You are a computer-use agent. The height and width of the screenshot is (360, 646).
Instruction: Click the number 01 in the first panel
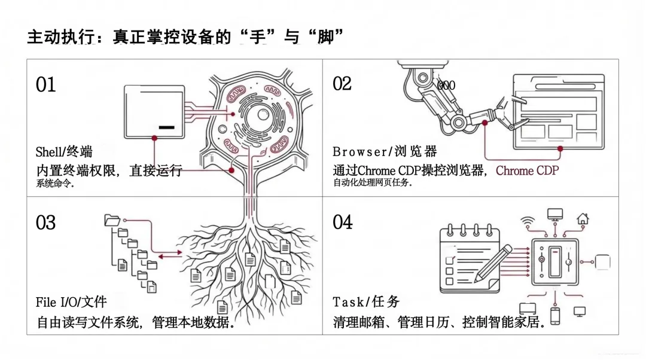pyautogui.click(x=46, y=85)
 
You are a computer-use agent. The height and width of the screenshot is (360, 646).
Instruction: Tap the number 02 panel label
pyautogui.click(x=342, y=84)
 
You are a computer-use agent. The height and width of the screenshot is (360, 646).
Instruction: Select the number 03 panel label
pyautogui.click(x=46, y=223)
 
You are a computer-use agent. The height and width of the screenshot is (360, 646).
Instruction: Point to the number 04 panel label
pyautogui.click(x=343, y=222)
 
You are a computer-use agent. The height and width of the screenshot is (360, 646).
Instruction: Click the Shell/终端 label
pyautogui.click(x=64, y=152)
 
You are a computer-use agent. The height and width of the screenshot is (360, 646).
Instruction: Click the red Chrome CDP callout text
pyautogui.click(x=527, y=170)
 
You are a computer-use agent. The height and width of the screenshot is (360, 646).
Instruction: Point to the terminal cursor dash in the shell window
pyautogui.click(x=167, y=127)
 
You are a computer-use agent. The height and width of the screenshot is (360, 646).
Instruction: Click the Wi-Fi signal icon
pyautogui.click(x=528, y=221)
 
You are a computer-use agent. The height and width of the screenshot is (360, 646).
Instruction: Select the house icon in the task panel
pyautogui.click(x=583, y=219)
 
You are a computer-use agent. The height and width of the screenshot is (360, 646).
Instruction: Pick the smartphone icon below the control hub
pyautogui.click(x=555, y=316)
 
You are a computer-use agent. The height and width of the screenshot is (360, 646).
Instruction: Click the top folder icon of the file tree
pyautogui.click(x=112, y=220)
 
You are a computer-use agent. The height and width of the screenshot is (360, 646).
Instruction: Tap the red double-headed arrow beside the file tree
pyautogui.click(x=171, y=255)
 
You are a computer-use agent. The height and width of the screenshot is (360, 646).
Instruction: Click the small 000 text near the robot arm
pyautogui.click(x=446, y=86)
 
